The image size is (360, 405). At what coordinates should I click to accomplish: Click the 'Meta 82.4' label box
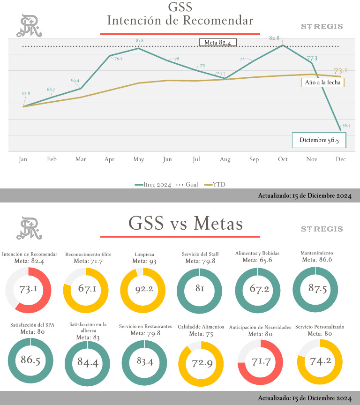(218, 43)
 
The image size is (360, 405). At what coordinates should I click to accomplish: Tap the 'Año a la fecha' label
(322, 82)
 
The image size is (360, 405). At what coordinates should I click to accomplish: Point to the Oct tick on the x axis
(283, 159)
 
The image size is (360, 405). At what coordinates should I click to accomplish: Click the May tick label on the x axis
(138, 159)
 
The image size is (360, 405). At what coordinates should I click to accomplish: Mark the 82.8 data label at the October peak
(275, 38)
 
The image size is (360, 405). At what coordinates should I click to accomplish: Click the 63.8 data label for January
(26, 93)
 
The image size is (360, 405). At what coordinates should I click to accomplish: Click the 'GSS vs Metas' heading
(186, 224)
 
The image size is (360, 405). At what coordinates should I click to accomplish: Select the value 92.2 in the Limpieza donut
(143, 289)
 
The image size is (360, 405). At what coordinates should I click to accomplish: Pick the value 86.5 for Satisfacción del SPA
(30, 360)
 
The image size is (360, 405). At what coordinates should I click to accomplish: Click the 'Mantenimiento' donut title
(315, 253)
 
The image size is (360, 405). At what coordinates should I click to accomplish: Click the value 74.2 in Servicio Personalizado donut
(320, 361)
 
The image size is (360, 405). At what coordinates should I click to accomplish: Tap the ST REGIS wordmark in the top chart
(322, 27)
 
